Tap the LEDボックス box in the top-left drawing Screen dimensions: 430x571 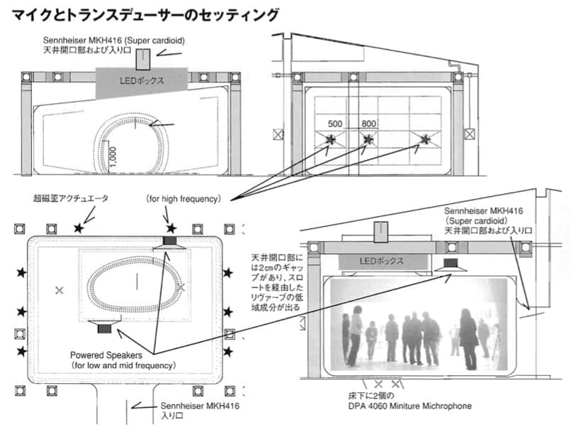pos(142,82)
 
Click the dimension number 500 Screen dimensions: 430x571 pos(335,124)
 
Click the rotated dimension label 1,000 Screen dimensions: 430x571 pos(112,154)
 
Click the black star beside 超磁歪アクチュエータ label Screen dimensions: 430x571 pos(79,228)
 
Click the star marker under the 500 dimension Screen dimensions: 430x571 pos(331,139)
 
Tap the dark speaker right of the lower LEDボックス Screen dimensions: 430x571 pos(450,264)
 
